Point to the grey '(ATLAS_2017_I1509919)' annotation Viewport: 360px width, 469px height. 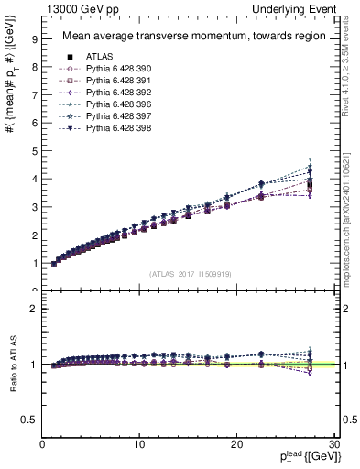[189, 273]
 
